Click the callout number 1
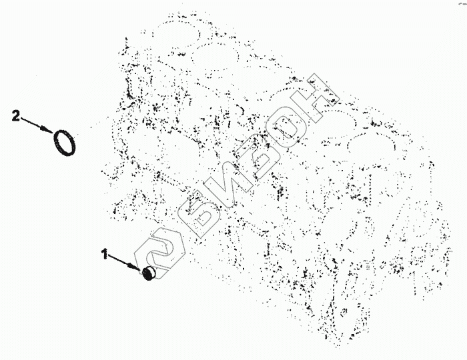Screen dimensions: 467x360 pyautogui.click(x=105, y=254)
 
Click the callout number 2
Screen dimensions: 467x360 pyautogui.click(x=16, y=115)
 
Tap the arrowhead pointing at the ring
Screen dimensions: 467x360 pyautogui.click(x=47, y=129)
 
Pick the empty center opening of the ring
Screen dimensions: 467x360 pyautogui.click(x=65, y=143)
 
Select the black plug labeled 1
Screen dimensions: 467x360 pyautogui.click(x=148, y=273)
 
